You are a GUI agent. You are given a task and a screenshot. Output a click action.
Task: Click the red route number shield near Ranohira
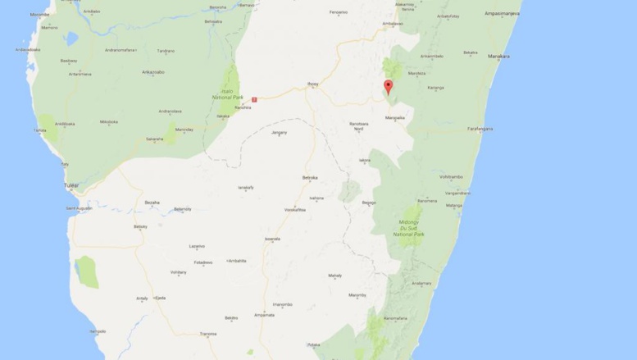tap(255, 100)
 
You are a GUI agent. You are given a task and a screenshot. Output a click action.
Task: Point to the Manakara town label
tap(498, 57)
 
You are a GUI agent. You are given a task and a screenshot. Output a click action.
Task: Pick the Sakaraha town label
tap(155, 139)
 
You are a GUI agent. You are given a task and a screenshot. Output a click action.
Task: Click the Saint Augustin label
tap(80, 208)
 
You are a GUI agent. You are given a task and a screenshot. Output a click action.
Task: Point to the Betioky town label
tap(141, 226)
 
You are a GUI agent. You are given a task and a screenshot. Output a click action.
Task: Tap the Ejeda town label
tap(160, 298)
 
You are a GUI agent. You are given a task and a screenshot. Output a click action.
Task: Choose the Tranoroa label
tap(207, 334)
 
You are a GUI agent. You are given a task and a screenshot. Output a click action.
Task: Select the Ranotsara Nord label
tap(357, 127)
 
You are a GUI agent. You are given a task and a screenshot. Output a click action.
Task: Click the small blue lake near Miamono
tap(71, 39)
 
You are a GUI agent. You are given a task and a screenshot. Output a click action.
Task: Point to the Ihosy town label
tap(312, 83)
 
